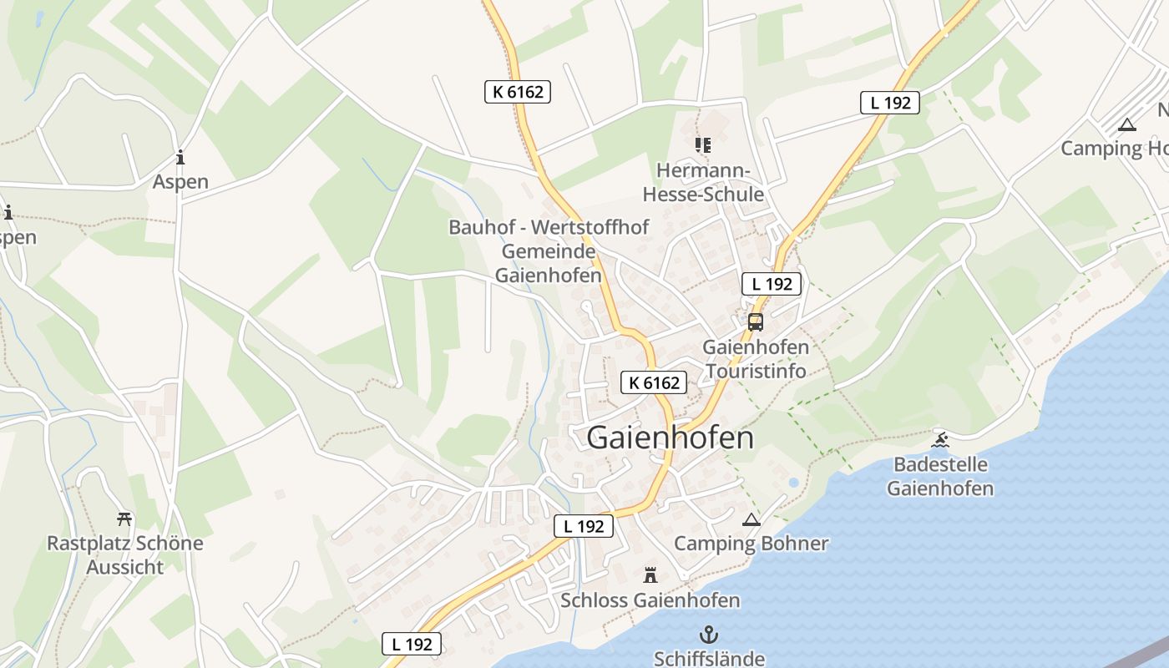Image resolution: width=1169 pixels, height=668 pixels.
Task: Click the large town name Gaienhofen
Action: pyautogui.click(x=670, y=438)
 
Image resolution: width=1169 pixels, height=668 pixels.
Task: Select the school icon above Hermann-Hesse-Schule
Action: pyautogui.click(x=702, y=145)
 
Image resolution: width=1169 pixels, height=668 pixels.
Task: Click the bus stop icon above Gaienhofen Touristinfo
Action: pyautogui.click(x=755, y=322)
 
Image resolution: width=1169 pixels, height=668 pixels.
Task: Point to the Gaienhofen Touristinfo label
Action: pyautogui.click(x=756, y=359)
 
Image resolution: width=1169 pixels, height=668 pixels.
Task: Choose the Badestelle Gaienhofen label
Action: pyautogui.click(x=940, y=477)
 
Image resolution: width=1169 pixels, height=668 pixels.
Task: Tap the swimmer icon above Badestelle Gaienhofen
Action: pyautogui.click(x=940, y=439)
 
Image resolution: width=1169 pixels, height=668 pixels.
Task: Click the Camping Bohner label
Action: pyautogui.click(x=751, y=544)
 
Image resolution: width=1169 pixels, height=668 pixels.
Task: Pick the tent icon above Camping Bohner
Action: pyautogui.click(x=751, y=519)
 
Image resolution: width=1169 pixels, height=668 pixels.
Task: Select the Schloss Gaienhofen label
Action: pyautogui.click(x=650, y=600)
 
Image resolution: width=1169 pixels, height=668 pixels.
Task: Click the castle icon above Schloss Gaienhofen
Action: pyautogui.click(x=650, y=574)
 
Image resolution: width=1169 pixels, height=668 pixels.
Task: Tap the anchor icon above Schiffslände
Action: pyautogui.click(x=708, y=634)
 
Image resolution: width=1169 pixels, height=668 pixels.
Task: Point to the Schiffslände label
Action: pyautogui.click(x=709, y=658)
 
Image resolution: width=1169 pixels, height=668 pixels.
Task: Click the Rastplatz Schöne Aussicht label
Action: pyautogui.click(x=124, y=555)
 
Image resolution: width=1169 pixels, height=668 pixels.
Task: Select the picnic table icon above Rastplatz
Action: pyautogui.click(x=124, y=519)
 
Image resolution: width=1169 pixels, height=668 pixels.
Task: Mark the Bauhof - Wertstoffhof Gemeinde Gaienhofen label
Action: pyautogui.click(x=549, y=251)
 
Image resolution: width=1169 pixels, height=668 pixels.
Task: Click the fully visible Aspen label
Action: pyautogui.click(x=180, y=182)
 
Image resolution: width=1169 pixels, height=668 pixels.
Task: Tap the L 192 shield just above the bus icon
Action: pyautogui.click(x=772, y=284)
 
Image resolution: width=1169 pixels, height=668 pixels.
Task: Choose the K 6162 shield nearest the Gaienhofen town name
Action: pyautogui.click(x=654, y=383)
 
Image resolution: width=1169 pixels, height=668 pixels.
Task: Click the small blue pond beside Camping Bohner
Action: pyautogui.click(x=792, y=483)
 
